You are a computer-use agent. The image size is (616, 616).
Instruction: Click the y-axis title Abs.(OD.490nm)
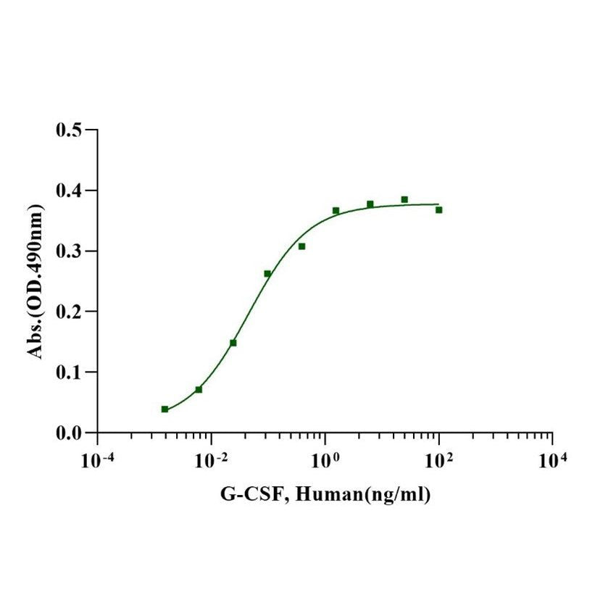(34, 281)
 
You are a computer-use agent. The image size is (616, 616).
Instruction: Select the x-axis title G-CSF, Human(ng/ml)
(325, 495)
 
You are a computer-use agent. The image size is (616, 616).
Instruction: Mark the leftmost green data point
(165, 409)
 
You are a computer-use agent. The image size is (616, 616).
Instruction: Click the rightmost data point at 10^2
(438, 209)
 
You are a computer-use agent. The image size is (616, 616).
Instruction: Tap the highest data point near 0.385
(404, 199)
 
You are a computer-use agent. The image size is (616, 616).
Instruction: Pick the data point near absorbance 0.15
(233, 342)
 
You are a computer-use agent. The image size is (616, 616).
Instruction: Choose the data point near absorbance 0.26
(267, 273)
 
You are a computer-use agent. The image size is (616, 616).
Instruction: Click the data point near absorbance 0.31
(301, 246)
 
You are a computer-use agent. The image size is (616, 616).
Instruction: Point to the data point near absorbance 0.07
(199, 389)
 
